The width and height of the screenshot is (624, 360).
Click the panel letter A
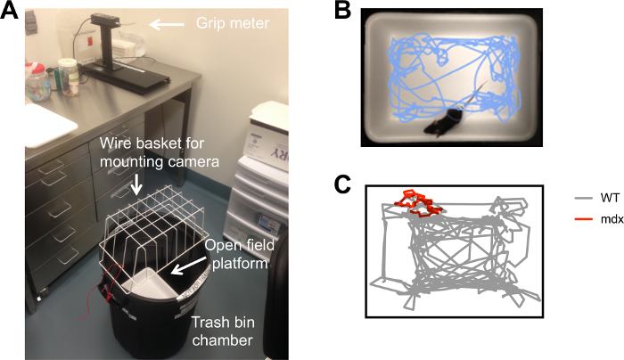click(x=11, y=12)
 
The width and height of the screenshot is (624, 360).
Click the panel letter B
click(x=343, y=11)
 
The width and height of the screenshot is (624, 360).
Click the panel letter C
click(x=343, y=185)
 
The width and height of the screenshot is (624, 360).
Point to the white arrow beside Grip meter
click(x=165, y=27)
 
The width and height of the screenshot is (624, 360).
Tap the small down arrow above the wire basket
click(x=136, y=185)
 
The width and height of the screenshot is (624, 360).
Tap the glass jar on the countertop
click(x=66, y=75)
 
